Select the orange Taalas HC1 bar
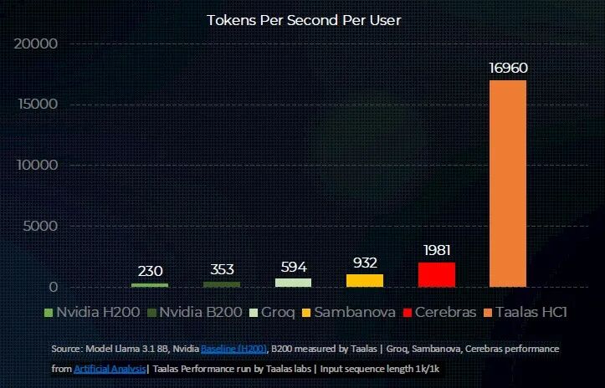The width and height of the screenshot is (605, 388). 507,184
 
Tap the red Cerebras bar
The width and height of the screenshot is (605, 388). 436,275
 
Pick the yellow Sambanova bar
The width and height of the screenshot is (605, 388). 364,281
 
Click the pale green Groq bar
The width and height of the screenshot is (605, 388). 293,283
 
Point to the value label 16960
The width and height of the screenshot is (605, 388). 508,68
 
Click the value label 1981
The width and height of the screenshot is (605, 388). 436,250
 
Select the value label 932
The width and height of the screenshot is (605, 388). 364,262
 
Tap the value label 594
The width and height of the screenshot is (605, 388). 293,267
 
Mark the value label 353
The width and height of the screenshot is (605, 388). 222,269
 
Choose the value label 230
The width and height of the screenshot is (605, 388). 151,271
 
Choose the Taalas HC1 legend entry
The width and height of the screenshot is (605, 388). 531,313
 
